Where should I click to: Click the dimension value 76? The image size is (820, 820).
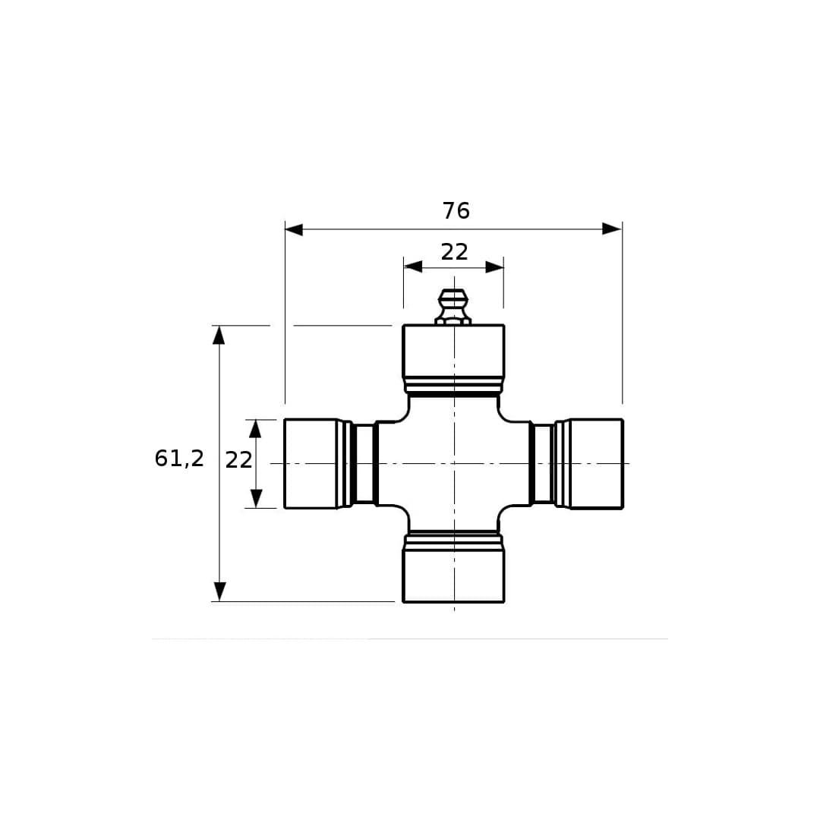(x=456, y=211)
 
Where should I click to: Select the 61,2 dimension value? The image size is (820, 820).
(x=179, y=459)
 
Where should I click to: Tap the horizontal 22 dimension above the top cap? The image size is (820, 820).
(x=454, y=252)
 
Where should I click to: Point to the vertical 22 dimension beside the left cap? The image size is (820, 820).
(x=238, y=460)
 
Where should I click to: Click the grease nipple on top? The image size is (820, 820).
(x=453, y=307)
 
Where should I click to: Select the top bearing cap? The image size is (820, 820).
(x=453, y=351)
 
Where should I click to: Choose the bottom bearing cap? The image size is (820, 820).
(x=453, y=576)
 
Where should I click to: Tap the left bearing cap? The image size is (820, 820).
(x=311, y=463)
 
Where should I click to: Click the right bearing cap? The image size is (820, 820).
(x=597, y=463)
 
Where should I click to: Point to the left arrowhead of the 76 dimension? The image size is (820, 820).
(x=294, y=229)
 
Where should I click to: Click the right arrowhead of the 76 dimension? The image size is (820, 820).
(x=612, y=229)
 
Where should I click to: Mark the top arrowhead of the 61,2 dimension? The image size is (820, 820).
(x=219, y=336)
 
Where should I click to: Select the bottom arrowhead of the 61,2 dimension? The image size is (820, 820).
(x=219, y=591)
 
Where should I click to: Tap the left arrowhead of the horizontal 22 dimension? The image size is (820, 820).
(x=413, y=266)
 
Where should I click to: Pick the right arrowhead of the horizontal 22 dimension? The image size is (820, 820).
(x=494, y=267)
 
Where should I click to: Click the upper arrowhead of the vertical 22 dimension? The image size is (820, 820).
(x=255, y=429)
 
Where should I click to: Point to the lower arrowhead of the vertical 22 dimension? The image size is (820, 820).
(x=257, y=498)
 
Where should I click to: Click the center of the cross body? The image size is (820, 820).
(x=454, y=463)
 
